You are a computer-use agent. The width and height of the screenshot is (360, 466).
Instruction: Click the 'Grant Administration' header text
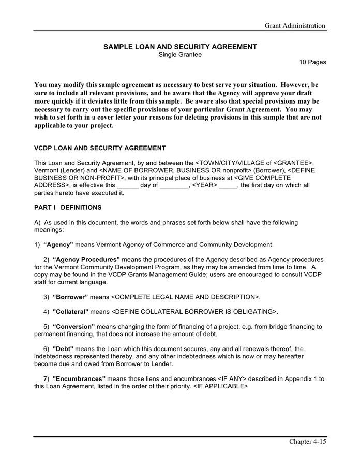click(295, 26)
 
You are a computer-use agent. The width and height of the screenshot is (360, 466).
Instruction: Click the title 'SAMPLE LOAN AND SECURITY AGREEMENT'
click(180, 47)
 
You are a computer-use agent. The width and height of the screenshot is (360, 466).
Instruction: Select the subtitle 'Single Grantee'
click(180, 54)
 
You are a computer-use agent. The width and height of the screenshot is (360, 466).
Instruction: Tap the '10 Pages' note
click(312, 62)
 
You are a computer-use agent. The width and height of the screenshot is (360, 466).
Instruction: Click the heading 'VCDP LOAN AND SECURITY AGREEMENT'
click(100, 148)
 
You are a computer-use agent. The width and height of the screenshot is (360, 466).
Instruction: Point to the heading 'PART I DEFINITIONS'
click(68, 208)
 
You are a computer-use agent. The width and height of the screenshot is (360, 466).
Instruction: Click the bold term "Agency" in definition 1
click(58, 244)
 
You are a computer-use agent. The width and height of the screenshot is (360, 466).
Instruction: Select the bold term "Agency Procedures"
click(86, 259)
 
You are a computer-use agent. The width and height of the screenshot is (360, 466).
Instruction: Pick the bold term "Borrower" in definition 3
click(70, 297)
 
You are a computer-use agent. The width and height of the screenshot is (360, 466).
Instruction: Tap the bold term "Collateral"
click(71, 312)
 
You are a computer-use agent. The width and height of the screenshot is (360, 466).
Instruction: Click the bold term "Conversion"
click(74, 327)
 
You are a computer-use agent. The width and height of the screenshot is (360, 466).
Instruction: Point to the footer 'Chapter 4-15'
click(307, 442)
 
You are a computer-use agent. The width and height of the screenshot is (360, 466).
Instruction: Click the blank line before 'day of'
click(128, 185)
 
